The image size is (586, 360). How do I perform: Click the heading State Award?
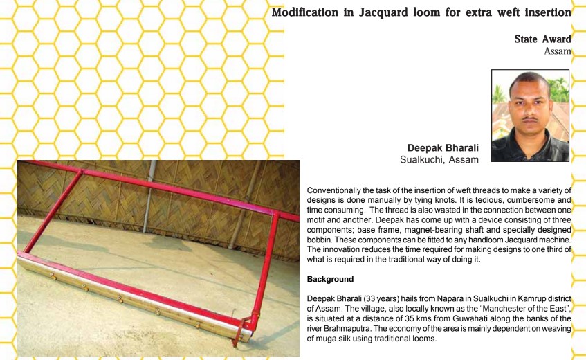coord(542,39)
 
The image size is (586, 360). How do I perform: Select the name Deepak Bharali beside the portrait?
coord(443,148)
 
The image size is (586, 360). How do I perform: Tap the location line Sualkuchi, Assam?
coord(439,160)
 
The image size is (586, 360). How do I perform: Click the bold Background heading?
coord(330,279)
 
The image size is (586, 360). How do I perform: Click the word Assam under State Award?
coord(558,51)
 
